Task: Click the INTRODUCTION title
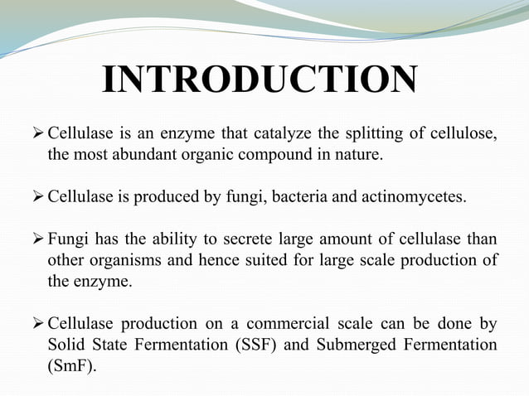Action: (259, 80)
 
